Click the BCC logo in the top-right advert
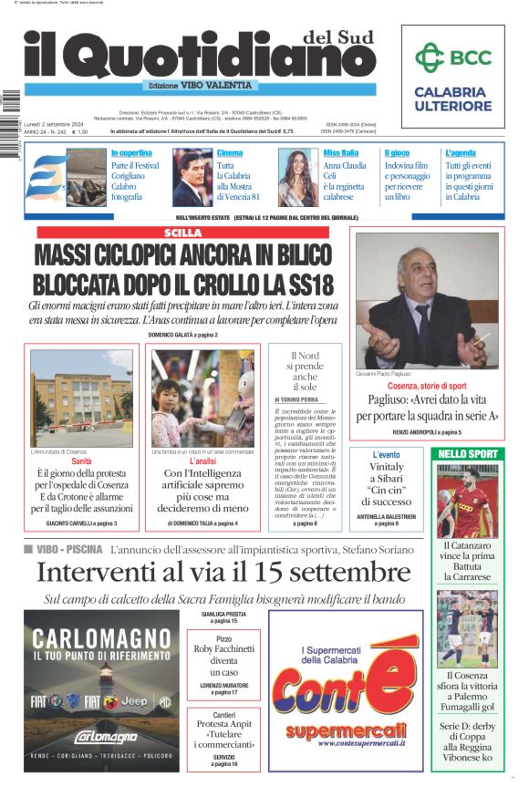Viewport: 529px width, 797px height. click(x=453, y=58)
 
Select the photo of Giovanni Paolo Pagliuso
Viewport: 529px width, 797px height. click(x=427, y=300)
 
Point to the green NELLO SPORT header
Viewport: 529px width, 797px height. click(x=468, y=453)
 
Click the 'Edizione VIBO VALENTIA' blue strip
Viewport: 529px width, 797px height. click(x=201, y=85)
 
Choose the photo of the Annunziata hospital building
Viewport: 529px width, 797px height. click(x=80, y=398)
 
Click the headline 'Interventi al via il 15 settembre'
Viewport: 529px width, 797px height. click(x=211, y=573)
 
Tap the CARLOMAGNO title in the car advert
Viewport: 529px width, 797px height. click(x=88, y=636)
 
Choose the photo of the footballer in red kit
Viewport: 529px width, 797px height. click(x=468, y=502)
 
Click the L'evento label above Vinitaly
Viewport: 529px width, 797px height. click(x=386, y=454)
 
